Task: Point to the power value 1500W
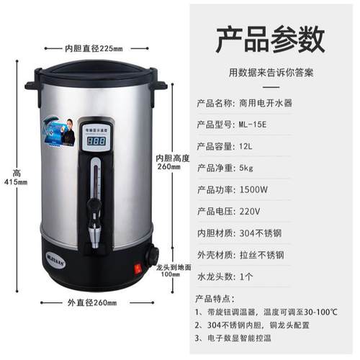pos(256,190)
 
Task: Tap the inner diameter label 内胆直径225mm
pos(94,48)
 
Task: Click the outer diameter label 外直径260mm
pos(94,302)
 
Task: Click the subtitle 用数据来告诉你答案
pos(276,73)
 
